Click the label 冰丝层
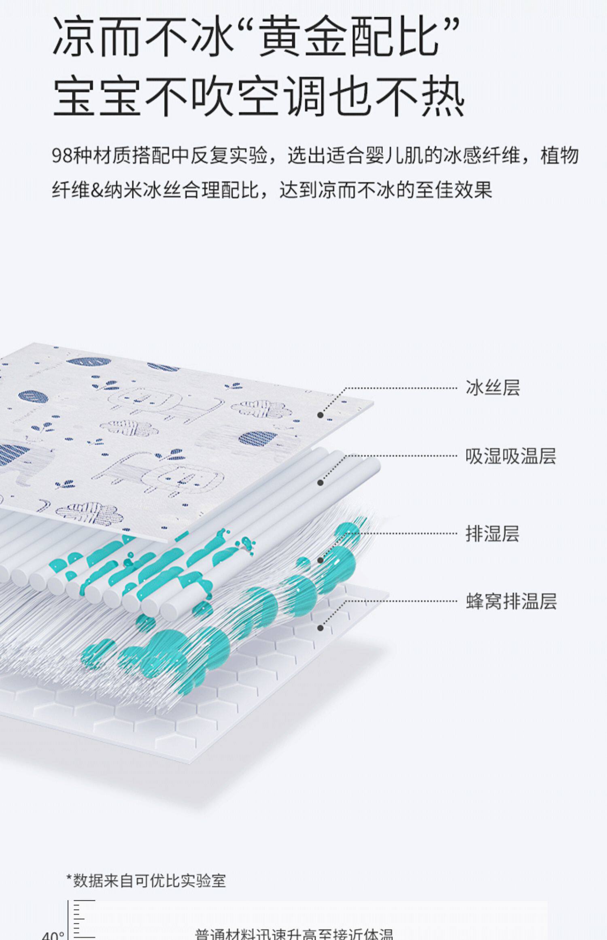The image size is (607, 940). tap(492, 387)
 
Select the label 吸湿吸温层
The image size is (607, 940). tap(511, 456)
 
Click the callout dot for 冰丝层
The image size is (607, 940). tap(320, 415)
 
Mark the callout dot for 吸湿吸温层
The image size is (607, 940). tap(320, 483)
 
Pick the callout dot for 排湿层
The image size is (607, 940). tap(320, 560)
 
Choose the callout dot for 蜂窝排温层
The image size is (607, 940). tap(320, 628)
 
